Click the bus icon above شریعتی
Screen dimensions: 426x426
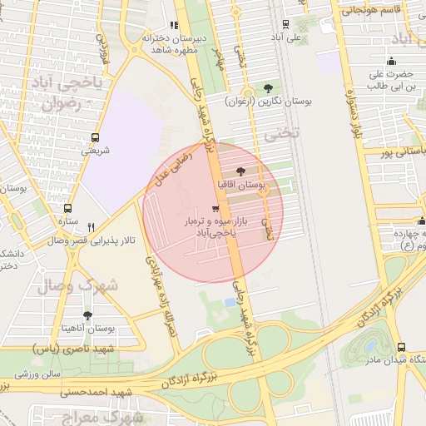(96, 137)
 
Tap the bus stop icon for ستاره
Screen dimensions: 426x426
(67, 209)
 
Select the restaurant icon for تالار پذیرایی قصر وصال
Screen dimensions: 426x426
(92, 226)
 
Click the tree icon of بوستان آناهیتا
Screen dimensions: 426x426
(87, 315)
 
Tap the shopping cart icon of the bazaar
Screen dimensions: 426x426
(216, 209)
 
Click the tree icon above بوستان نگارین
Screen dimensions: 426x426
(267, 87)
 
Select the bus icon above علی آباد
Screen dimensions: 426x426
(286, 24)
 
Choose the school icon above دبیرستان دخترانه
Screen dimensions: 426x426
(174, 25)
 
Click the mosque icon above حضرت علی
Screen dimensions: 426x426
(391, 61)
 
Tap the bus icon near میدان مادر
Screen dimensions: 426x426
(401, 347)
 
